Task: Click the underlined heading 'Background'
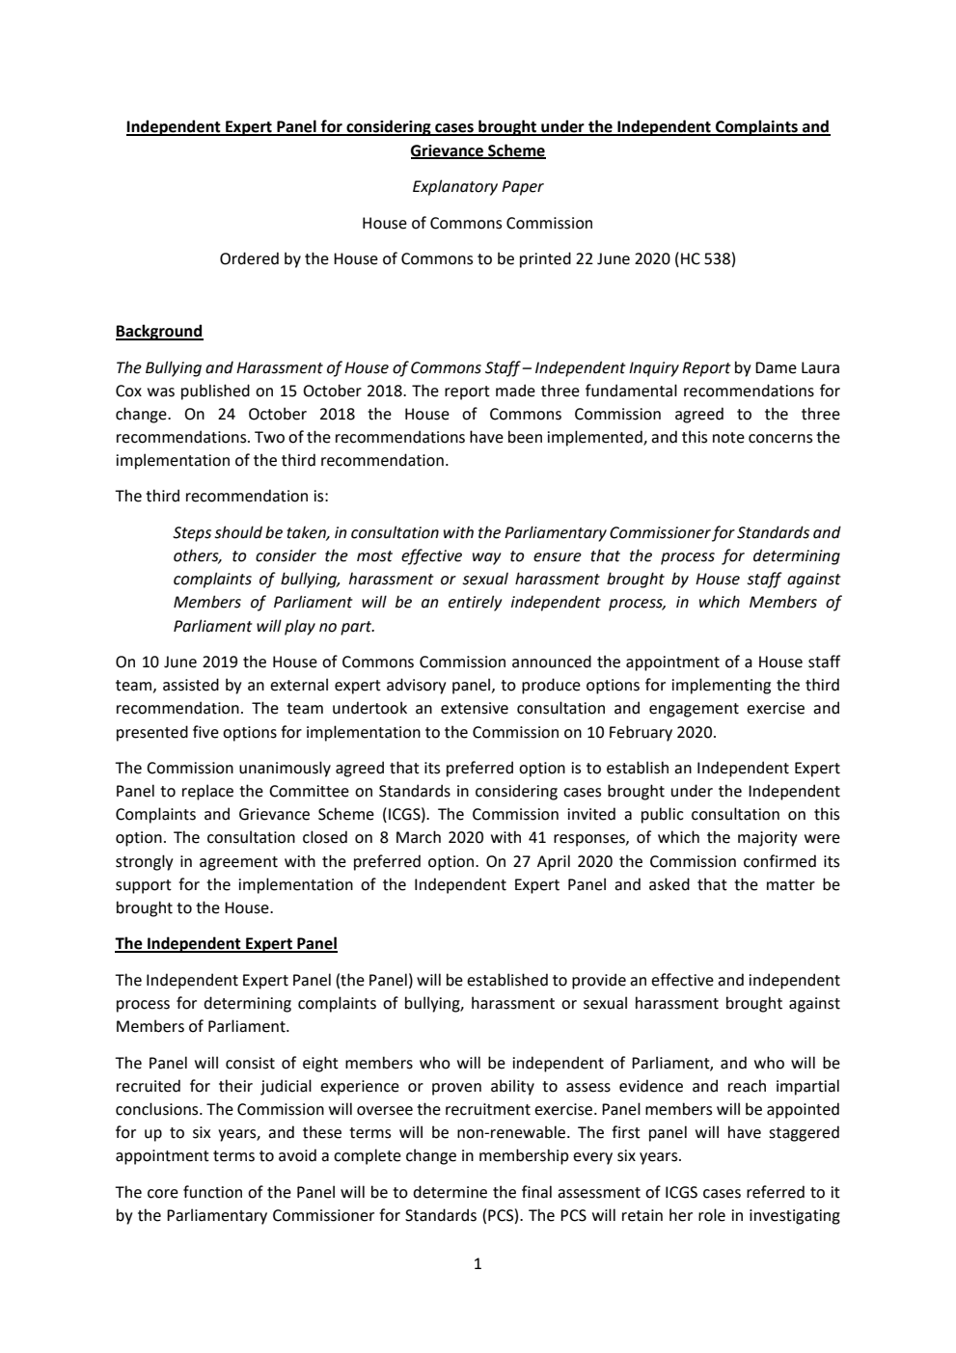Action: (x=159, y=332)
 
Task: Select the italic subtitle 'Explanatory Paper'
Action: (x=478, y=186)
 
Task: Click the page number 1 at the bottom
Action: (x=478, y=1263)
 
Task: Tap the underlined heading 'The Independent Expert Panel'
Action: (x=227, y=943)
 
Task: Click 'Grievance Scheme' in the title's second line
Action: (x=478, y=151)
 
